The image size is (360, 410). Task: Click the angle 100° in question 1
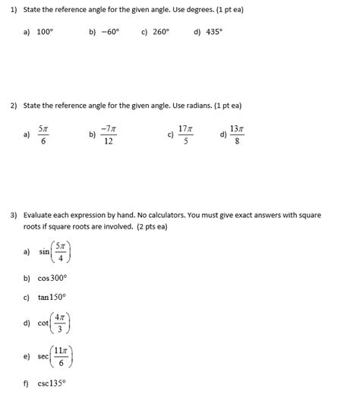click(x=46, y=33)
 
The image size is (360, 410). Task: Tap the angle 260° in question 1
click(x=160, y=33)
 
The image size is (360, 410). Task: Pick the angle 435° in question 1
click(x=213, y=33)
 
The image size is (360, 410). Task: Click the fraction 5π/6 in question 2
click(x=44, y=135)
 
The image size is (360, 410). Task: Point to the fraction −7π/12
click(x=109, y=135)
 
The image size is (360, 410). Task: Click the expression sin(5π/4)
click(x=56, y=251)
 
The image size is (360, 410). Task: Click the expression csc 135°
click(x=52, y=383)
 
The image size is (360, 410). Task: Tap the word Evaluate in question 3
click(x=39, y=216)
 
